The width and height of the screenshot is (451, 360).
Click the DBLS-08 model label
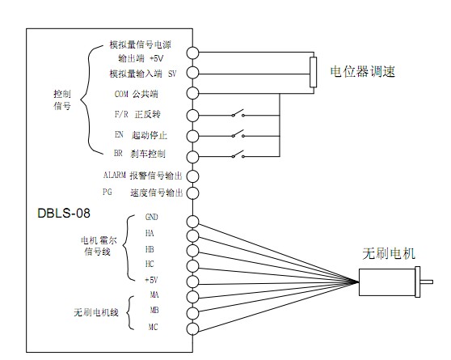tap(64, 213)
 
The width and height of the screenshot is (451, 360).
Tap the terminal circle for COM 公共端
tap(192, 93)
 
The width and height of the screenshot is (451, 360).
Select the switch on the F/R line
tap(238, 113)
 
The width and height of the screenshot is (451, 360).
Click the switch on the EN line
tap(238, 134)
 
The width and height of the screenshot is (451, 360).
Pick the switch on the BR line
tap(238, 155)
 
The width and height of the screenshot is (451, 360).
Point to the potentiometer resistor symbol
tap(314, 72)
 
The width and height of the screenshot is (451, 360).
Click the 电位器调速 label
tap(363, 71)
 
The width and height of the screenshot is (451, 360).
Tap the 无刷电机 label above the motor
tap(389, 254)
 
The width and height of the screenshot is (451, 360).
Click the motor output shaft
tap(427, 282)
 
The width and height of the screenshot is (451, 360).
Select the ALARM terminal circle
tap(192, 176)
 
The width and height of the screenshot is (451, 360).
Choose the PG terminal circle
tap(192, 193)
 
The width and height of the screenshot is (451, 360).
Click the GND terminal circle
tap(192, 222)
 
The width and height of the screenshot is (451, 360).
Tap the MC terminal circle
tap(192, 328)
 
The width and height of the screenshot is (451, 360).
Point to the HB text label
tap(150, 249)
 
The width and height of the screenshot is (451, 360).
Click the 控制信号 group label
tap(62, 100)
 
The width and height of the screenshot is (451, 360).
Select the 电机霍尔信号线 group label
tap(99, 246)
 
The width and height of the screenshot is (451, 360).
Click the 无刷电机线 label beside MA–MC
tap(96, 312)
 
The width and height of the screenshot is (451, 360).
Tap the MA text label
tap(154, 294)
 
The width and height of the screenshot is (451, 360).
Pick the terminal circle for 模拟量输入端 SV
tap(192, 72)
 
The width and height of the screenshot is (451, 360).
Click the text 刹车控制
tap(148, 154)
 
